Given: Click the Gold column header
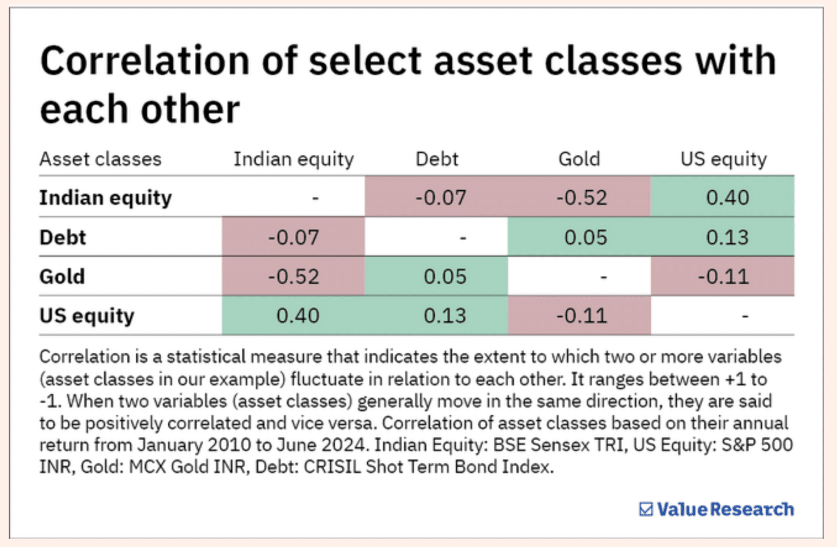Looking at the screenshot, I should pyautogui.click(x=579, y=159).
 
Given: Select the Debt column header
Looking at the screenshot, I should pyautogui.click(x=436, y=159).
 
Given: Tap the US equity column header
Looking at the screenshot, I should pyautogui.click(x=723, y=159).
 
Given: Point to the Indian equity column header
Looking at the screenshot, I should pyautogui.click(x=294, y=159).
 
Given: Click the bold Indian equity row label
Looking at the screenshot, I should pyautogui.click(x=105, y=197).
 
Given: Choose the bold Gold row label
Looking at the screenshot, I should pyautogui.click(x=62, y=276).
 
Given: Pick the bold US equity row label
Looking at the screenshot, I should pyautogui.click(x=87, y=316).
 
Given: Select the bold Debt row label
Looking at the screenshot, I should pyautogui.click(x=63, y=237).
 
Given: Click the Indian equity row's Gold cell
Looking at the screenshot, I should pyautogui.click(x=581, y=197).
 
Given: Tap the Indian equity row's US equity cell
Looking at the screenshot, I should pyautogui.click(x=727, y=197).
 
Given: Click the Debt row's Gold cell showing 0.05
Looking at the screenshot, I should pyautogui.click(x=585, y=237).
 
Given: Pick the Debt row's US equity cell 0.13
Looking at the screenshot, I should pyautogui.click(x=727, y=237).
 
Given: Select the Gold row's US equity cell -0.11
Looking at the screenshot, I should pyautogui.click(x=723, y=276).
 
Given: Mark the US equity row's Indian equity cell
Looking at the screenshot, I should pyautogui.click(x=298, y=316).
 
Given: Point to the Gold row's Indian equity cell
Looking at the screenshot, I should pyautogui.click(x=293, y=276).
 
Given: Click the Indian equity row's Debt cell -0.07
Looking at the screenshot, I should pyautogui.click(x=440, y=197).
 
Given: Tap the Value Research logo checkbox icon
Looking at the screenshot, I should pyautogui.click(x=646, y=509).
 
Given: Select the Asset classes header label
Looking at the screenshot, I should pyautogui.click(x=100, y=159).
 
